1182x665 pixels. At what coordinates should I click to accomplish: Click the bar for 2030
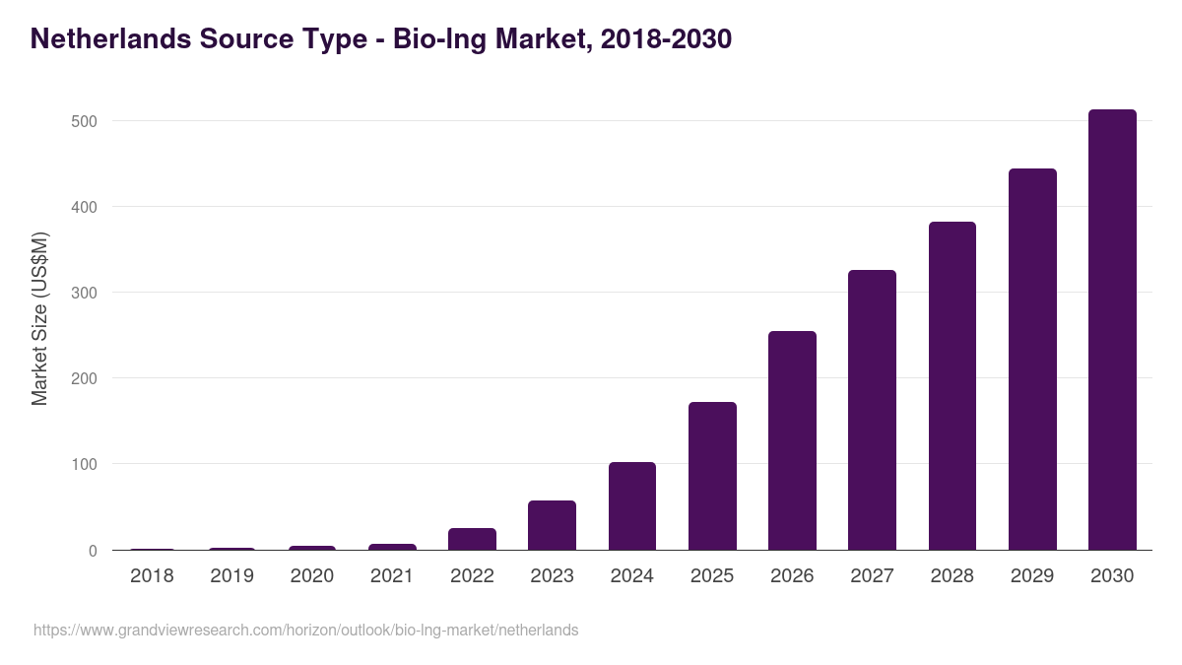click(x=1112, y=330)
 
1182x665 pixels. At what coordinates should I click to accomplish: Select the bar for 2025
click(x=712, y=476)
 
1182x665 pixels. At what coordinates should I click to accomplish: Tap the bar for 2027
click(x=872, y=410)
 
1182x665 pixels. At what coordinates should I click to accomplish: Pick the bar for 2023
click(x=552, y=525)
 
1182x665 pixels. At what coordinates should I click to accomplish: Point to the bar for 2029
click(x=1032, y=360)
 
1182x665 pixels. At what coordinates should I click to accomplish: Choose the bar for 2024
click(x=632, y=506)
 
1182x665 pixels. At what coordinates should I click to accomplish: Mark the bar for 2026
click(x=792, y=440)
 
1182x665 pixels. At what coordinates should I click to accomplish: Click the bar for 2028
click(x=952, y=386)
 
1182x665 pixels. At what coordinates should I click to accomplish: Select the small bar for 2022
click(x=472, y=539)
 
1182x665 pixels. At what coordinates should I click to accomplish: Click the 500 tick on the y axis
click(x=84, y=121)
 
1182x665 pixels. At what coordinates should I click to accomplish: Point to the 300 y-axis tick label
click(x=84, y=293)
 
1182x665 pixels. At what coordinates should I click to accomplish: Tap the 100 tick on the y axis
click(x=84, y=464)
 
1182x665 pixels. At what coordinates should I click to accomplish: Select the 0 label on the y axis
click(x=93, y=551)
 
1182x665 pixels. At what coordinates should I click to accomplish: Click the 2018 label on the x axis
click(x=152, y=575)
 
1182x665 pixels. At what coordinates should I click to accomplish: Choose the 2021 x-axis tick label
click(x=392, y=575)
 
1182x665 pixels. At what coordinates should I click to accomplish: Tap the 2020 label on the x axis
click(x=311, y=575)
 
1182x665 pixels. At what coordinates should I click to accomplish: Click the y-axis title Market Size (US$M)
click(x=39, y=318)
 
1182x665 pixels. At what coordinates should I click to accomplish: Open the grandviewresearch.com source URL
click(x=305, y=630)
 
